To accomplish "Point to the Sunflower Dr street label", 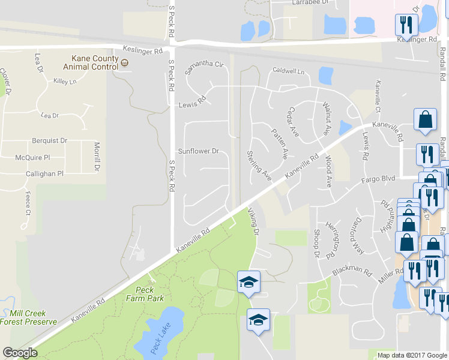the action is [x=198, y=151].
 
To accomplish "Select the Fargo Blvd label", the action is [x=378, y=179].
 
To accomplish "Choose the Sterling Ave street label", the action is [x=259, y=165].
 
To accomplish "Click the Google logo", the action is [x=20, y=353].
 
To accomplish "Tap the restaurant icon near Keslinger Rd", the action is [x=406, y=25].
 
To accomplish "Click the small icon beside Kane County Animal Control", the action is [x=124, y=62].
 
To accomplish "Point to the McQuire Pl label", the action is [x=32, y=158].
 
